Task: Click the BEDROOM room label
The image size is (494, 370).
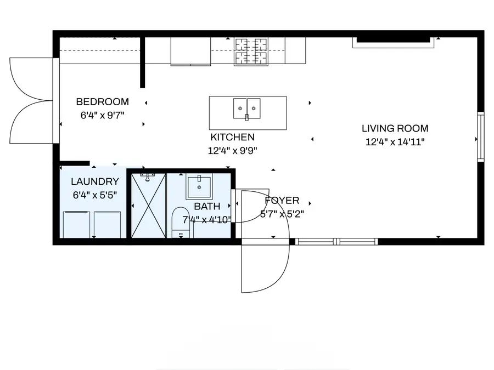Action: pyautogui.click(x=102, y=101)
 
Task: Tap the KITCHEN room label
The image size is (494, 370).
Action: pyautogui.click(x=232, y=137)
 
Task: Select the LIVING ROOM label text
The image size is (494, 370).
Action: pyautogui.click(x=395, y=129)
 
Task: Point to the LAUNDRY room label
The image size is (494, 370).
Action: pyautogui.click(x=95, y=181)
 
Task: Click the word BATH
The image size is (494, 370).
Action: pyautogui.click(x=207, y=207)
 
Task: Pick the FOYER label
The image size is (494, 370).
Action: pyautogui.click(x=282, y=201)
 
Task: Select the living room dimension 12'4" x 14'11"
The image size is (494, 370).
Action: pyautogui.click(x=395, y=142)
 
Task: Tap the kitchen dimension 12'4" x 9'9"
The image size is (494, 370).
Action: pyautogui.click(x=232, y=150)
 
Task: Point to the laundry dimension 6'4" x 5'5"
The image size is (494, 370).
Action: pyautogui.click(x=95, y=195)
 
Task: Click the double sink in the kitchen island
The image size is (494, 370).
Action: pyautogui.click(x=247, y=108)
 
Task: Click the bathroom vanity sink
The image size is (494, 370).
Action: pyautogui.click(x=199, y=187)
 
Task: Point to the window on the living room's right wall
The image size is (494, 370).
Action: pyautogui.click(x=480, y=137)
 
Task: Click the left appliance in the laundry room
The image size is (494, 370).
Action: pyautogui.click(x=77, y=225)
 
